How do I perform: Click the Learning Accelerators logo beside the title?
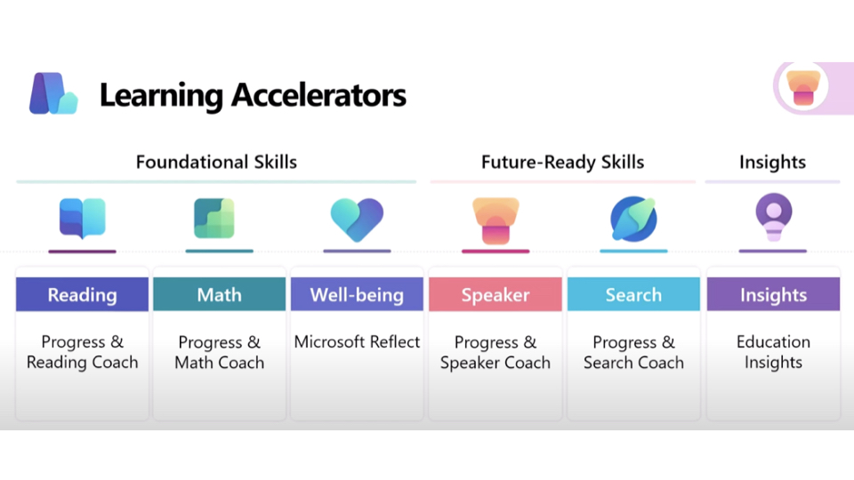point(52,93)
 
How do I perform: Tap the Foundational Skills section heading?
point(216,162)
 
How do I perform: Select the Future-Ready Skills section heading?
point(562,162)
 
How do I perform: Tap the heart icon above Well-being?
point(357,220)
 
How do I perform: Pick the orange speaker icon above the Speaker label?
point(495,220)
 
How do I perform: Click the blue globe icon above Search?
point(633,219)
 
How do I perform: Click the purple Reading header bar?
point(82,294)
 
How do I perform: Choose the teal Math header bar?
point(219,294)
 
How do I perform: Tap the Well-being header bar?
point(357,294)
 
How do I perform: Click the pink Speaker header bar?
point(495,294)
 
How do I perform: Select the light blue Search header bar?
point(633,294)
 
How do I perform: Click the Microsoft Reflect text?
point(357,342)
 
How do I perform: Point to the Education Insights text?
point(773,352)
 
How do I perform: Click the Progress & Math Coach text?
point(219,352)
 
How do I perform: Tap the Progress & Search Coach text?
point(633,352)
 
